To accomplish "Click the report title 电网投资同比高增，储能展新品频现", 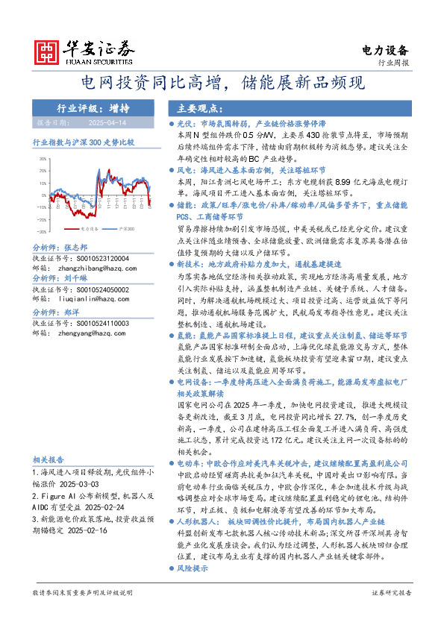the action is [x=222, y=81].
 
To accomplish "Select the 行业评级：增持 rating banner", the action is [x=93, y=107].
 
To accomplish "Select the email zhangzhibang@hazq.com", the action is [x=87, y=267].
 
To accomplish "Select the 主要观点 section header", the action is [x=192, y=107].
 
